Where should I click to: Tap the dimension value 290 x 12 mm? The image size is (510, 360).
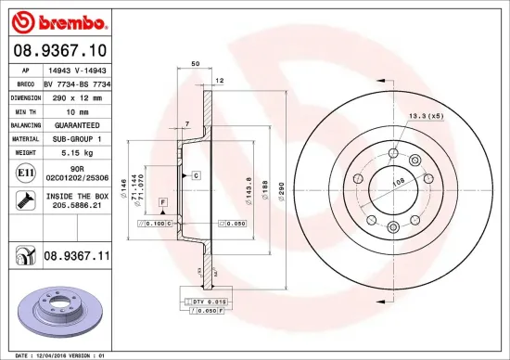point(72,96)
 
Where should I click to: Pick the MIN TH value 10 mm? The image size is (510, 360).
point(72,109)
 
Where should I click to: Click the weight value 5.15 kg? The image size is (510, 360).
point(72,150)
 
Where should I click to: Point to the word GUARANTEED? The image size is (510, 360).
point(72,123)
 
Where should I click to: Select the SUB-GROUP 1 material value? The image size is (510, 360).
point(72,136)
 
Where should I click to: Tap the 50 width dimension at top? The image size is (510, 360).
point(196,64)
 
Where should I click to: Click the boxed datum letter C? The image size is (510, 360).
point(197,174)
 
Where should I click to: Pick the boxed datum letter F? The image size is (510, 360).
point(161,201)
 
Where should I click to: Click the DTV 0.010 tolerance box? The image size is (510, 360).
point(204,302)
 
